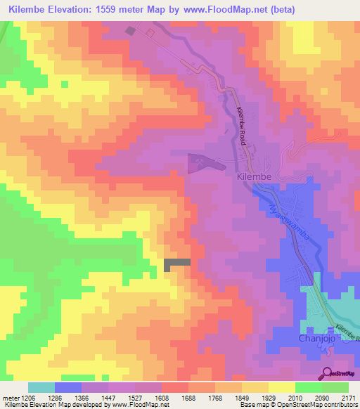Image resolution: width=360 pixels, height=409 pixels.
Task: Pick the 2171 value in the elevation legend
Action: tap(347, 398)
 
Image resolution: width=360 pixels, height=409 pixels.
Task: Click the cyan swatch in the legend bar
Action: tap(41, 387)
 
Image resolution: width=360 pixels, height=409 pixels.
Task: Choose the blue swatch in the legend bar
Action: tap(68, 387)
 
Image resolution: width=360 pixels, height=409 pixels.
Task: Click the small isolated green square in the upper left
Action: tap(65, 84)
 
